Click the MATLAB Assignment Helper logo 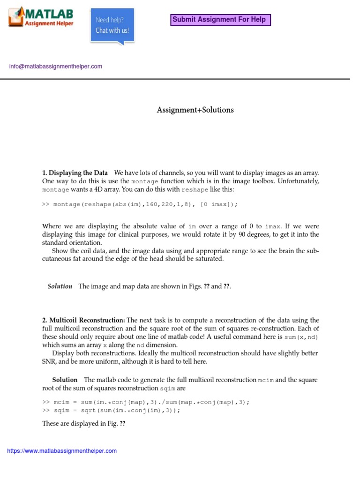41,17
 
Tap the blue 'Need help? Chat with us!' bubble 112,26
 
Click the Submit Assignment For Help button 219,20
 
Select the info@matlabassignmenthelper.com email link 55,67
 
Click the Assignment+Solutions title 195,110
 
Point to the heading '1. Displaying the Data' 75,172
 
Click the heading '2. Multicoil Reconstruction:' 84,320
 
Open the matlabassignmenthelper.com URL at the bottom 62,451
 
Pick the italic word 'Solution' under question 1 60,286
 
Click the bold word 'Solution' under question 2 65,380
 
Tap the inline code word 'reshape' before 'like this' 195,189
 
